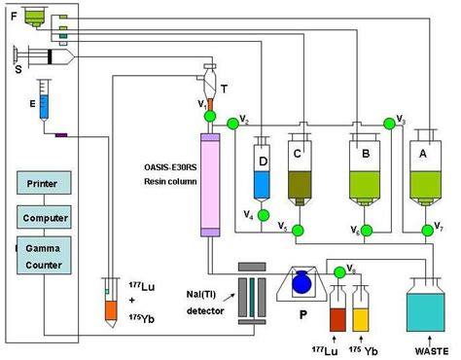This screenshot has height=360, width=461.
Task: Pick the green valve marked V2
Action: [x=231, y=124]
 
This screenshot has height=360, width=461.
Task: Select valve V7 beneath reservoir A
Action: [x=426, y=231]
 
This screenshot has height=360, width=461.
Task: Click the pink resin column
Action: [x=208, y=184]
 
